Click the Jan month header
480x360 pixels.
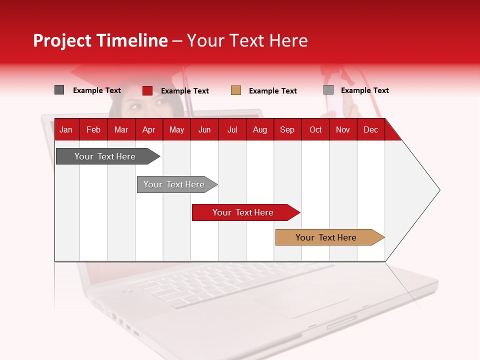click(66, 129)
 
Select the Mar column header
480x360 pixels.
click(121, 129)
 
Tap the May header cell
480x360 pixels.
click(176, 129)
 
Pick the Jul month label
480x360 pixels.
click(232, 129)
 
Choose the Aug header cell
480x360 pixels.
click(259, 129)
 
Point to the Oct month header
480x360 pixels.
click(315, 129)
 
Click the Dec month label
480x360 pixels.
click(370, 129)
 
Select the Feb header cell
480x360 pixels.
click(93, 129)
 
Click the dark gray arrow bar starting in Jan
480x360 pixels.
click(105, 156)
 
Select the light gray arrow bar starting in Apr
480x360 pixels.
click(174, 184)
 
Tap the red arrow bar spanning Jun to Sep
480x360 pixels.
click(243, 212)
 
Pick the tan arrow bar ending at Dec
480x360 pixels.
click(326, 237)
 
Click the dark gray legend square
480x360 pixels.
click(59, 90)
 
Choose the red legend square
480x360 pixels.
click(147, 90)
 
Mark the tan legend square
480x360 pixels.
click(236, 90)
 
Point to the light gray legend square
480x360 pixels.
click(328, 90)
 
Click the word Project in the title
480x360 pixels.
click(62, 40)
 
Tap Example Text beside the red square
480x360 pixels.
click(184, 91)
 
